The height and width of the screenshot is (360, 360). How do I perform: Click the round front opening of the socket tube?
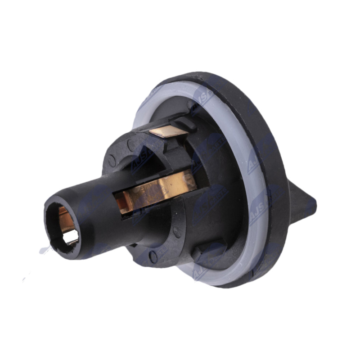click(63, 225)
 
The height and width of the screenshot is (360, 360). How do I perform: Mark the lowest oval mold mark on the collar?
click(153, 257)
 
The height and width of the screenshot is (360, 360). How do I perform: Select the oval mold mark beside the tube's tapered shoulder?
click(176, 232)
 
